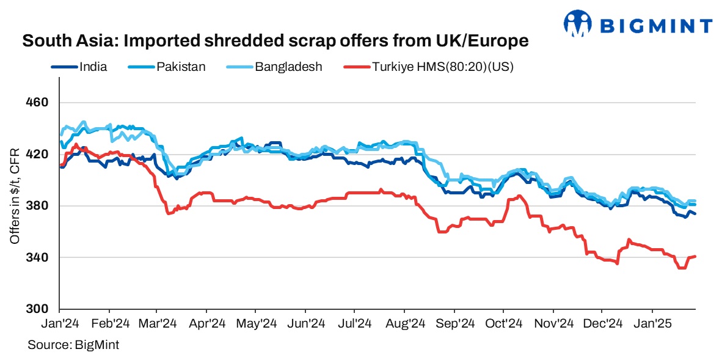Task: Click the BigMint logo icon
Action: pos(578,24)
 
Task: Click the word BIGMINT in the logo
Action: pos(657,26)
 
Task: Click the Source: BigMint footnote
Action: pos(73,345)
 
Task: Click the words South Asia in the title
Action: pos(59,42)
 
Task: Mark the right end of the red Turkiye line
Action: pos(696,256)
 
